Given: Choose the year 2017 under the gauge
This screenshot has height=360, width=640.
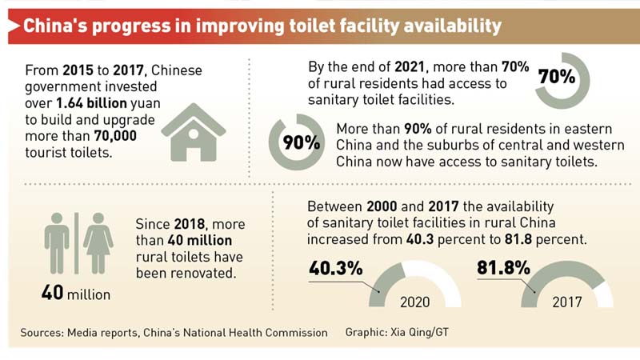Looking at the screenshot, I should [567, 302].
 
